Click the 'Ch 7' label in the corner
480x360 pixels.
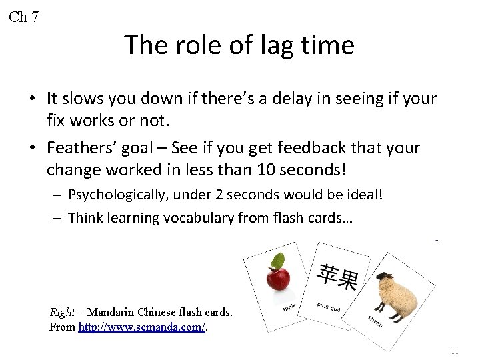click(24, 17)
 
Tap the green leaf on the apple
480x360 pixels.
click(277, 261)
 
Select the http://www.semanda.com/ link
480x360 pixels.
click(141, 327)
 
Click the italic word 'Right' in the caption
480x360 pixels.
click(63, 312)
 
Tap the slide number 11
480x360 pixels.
click(455, 351)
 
